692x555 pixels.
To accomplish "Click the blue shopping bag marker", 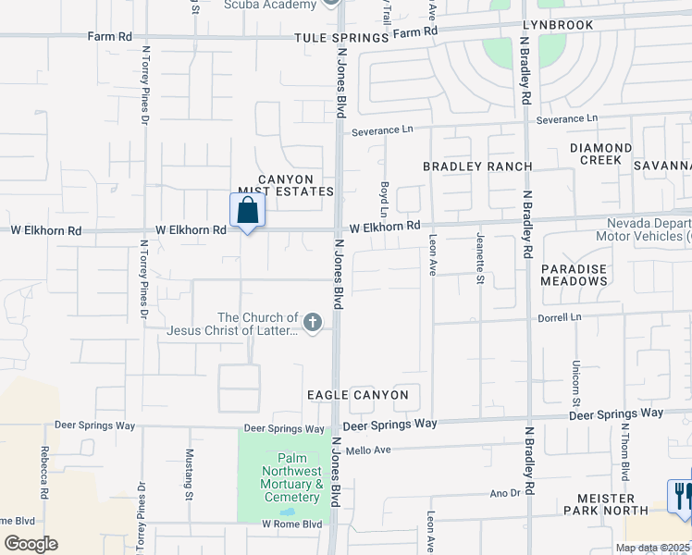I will click(x=247, y=211).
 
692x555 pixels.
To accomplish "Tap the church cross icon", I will click(x=313, y=322).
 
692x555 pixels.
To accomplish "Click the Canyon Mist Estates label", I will click(x=285, y=185).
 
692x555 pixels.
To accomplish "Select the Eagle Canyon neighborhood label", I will click(x=358, y=395).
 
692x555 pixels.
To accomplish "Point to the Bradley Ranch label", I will click(x=477, y=166).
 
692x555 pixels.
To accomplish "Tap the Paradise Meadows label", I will click(x=574, y=274).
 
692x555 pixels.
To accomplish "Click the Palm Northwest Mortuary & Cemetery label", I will click(x=285, y=477).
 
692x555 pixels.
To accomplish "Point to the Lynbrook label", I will click(x=557, y=25).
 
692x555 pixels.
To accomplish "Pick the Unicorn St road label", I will click(x=575, y=383).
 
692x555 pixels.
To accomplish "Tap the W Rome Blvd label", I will click(x=291, y=524).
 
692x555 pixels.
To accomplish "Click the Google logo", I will click(x=31, y=544).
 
